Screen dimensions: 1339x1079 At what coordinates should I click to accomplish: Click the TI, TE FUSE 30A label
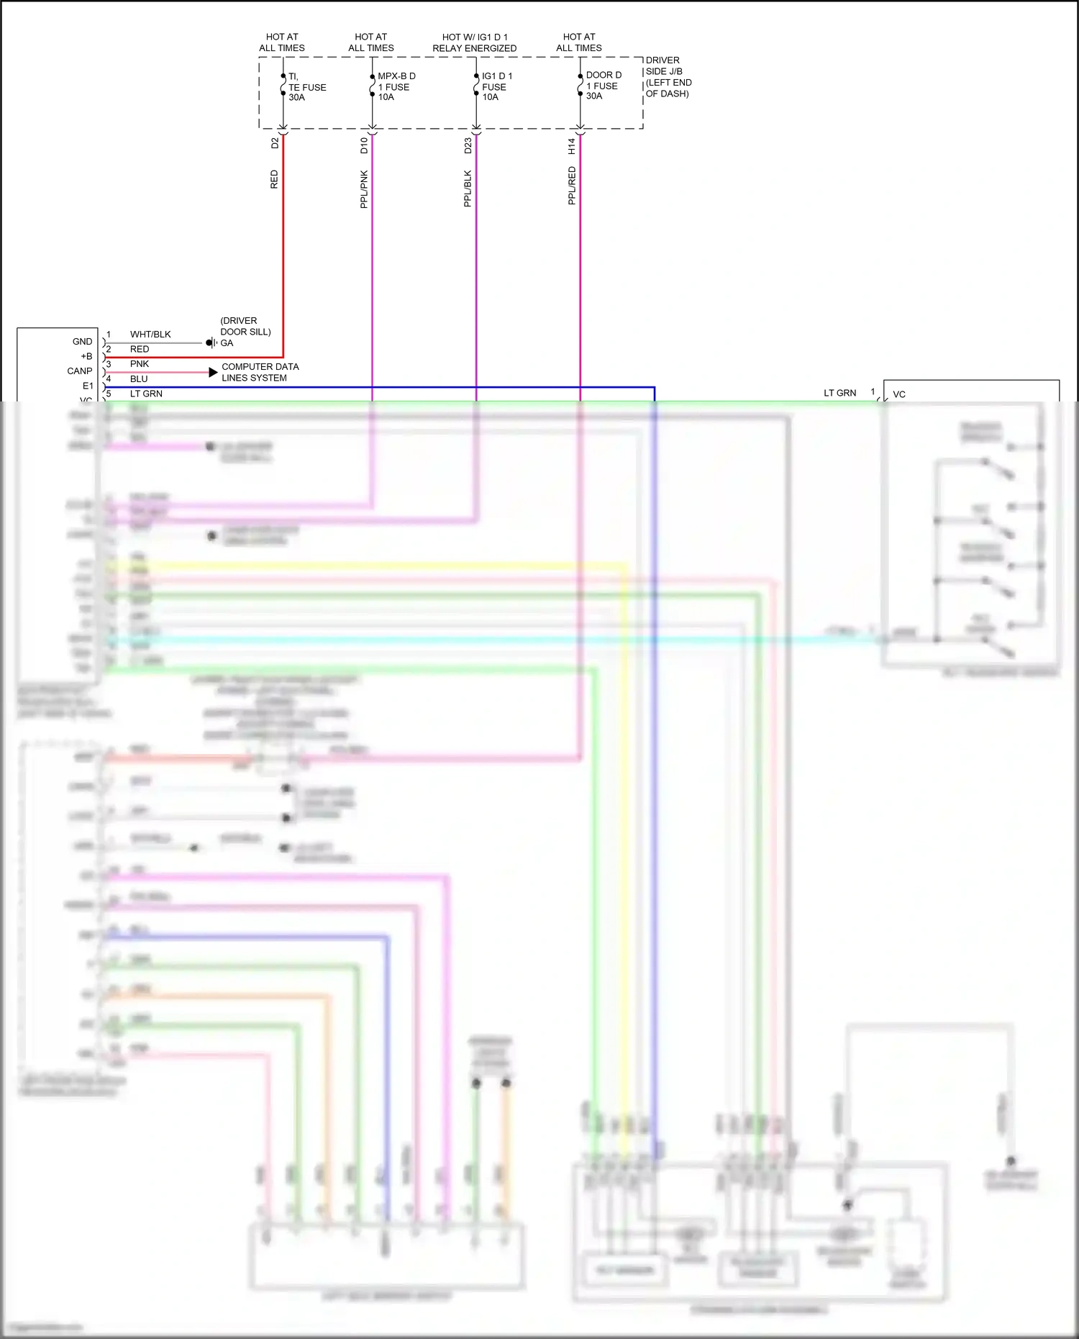[306, 87]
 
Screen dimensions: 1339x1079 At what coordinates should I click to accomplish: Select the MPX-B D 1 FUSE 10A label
[396, 86]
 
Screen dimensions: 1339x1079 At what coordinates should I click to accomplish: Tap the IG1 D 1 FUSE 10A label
[496, 86]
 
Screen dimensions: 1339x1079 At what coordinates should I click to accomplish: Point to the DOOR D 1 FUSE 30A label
[603, 86]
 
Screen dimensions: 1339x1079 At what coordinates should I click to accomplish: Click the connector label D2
[274, 143]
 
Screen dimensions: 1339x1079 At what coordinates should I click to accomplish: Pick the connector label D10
[364, 146]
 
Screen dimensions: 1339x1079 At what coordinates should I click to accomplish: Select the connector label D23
[468, 146]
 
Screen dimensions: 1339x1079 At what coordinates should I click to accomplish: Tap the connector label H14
[571, 146]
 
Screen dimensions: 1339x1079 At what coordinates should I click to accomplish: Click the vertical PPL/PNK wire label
[364, 189]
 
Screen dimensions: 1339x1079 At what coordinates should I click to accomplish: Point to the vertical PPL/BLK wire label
[468, 189]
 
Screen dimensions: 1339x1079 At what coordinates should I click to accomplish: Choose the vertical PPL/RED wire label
[572, 186]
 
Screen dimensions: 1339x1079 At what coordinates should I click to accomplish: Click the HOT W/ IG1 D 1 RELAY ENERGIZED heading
[474, 42]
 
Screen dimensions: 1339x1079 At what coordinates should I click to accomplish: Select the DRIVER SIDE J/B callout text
[668, 77]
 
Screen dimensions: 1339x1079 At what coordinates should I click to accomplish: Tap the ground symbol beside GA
[211, 342]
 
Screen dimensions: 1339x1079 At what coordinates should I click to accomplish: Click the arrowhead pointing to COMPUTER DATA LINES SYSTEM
[213, 372]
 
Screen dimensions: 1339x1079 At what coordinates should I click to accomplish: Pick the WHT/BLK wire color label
[150, 335]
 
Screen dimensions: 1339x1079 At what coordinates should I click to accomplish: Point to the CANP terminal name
[80, 371]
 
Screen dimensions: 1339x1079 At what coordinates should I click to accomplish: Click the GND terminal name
[82, 342]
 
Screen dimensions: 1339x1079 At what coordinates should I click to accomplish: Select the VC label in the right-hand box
[899, 394]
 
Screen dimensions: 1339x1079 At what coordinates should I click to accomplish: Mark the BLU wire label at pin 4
[139, 379]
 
